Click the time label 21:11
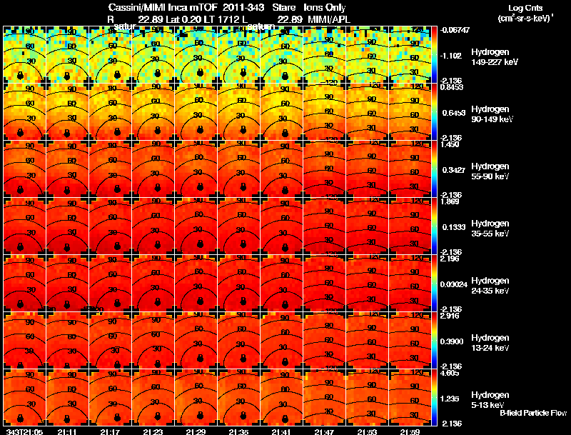coord(68,431)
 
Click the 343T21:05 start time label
coord(23,431)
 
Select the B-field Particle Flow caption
coord(533,413)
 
